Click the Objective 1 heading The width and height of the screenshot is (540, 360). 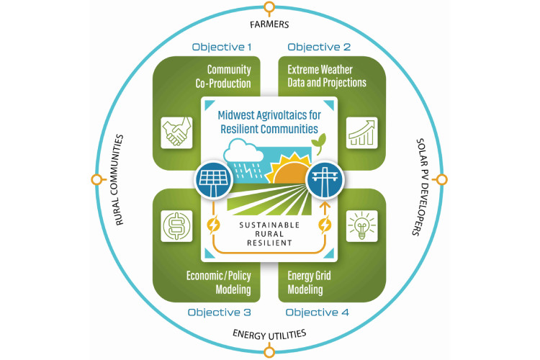(x=221, y=48)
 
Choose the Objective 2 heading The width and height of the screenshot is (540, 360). (x=319, y=48)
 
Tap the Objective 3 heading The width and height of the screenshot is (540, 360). (x=219, y=312)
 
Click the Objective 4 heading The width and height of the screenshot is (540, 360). (x=318, y=312)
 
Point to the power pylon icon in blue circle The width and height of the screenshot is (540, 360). (x=325, y=179)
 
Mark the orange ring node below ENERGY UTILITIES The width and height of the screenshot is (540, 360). (x=269, y=351)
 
